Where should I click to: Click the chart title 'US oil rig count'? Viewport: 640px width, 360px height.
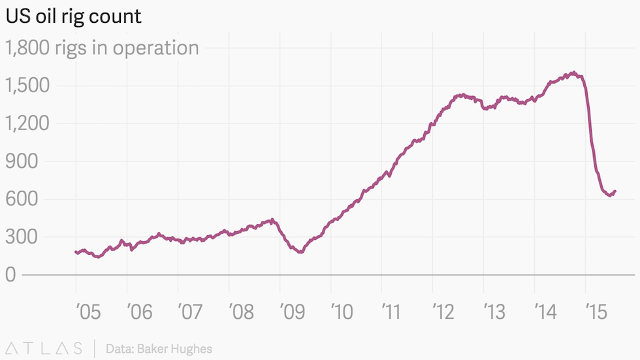[73, 16]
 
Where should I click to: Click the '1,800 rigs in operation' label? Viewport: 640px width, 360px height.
[102, 48]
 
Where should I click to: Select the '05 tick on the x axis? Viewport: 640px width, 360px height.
[88, 312]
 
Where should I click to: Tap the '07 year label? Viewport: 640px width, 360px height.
[189, 312]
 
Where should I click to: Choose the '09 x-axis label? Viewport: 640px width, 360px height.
[291, 312]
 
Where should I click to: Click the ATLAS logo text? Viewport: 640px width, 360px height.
[44, 348]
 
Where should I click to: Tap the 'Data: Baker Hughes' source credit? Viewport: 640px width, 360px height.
[159, 349]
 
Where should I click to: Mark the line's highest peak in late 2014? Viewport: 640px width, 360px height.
[572, 73]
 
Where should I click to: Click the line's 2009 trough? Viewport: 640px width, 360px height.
[300, 252]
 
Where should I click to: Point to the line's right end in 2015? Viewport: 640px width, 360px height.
[615, 191]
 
